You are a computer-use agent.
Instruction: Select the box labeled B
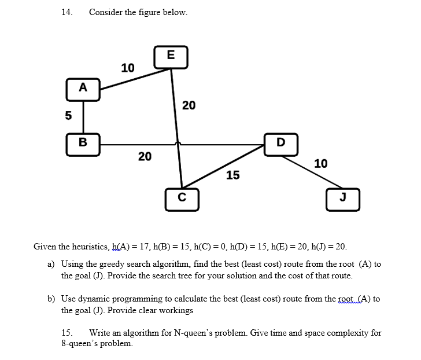[x=83, y=141]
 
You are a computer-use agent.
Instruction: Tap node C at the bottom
[x=182, y=196]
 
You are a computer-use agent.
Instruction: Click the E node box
[x=170, y=56]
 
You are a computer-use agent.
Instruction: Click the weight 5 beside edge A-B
[x=68, y=115]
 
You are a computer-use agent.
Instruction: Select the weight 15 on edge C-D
[x=232, y=175]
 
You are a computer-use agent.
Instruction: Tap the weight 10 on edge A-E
[x=127, y=68]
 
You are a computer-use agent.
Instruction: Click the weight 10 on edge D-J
[x=320, y=164]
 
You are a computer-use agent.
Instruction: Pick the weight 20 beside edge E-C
[x=189, y=105]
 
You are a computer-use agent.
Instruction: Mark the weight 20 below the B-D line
[x=145, y=156]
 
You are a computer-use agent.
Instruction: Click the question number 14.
[x=67, y=12]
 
